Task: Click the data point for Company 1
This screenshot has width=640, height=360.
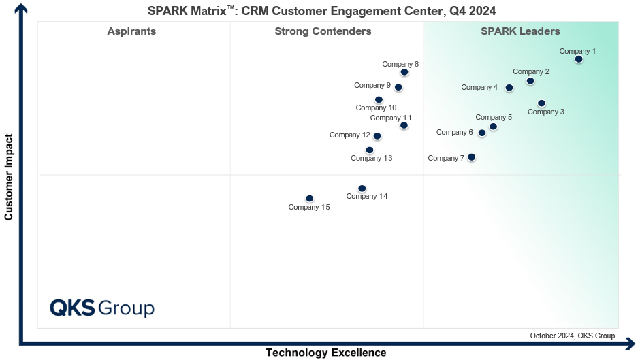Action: coord(579,59)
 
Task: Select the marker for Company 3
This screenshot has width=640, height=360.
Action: coord(541,103)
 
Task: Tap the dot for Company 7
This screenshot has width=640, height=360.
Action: coord(471,157)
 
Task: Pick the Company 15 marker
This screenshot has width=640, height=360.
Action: coord(310,199)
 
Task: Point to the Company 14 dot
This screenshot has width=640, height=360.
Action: coord(362,189)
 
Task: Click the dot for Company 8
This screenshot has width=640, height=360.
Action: coord(404,72)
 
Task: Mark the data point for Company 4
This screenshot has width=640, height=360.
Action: coord(509,88)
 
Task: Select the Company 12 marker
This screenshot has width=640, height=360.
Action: coord(377,136)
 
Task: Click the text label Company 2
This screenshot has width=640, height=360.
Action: coord(531,71)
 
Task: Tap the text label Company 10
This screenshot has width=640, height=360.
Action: coord(376,108)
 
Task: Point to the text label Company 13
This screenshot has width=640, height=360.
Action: coord(371,159)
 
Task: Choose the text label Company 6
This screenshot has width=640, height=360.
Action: coord(454,133)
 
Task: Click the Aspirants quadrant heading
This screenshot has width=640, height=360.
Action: coord(131,31)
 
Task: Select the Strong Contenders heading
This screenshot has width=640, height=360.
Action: coord(323,31)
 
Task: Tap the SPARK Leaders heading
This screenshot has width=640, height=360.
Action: coord(520,31)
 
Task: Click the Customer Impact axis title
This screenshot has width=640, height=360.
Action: coord(9,177)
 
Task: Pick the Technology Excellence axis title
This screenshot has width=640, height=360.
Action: coord(325,353)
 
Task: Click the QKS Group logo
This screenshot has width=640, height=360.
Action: coord(102,308)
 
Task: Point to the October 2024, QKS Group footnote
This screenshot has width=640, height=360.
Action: coord(572,336)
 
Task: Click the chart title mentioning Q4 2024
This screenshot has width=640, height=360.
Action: coord(322,10)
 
